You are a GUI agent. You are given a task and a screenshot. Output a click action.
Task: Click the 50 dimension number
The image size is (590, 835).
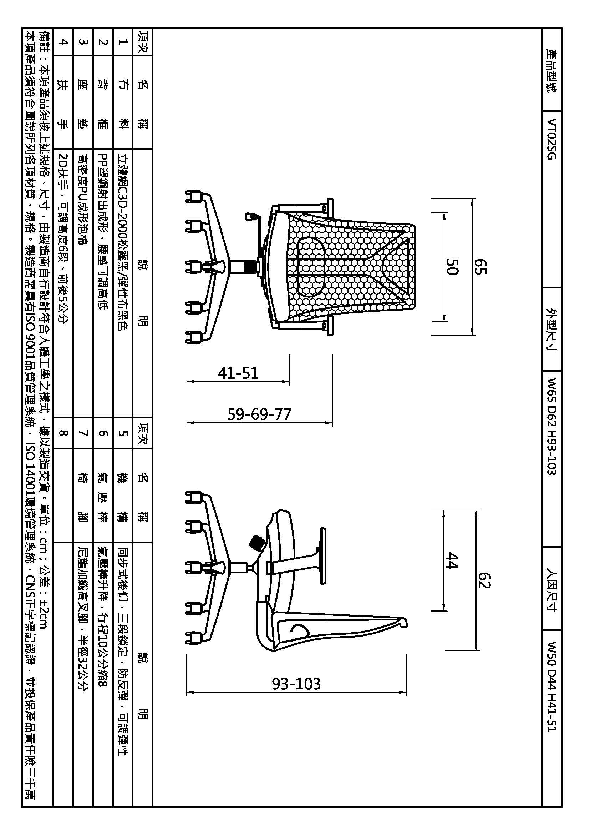click(x=453, y=267)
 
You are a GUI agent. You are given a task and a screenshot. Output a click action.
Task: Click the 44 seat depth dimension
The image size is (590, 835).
click(x=453, y=560)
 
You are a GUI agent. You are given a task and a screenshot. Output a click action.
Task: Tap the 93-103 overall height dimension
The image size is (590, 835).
click(x=296, y=684)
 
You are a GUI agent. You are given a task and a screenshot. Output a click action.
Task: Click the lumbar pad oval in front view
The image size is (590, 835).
click(x=311, y=267)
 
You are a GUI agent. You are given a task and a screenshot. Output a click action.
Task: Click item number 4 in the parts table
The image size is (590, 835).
click(x=63, y=42)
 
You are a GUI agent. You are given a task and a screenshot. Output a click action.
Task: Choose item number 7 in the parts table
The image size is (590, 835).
click(x=83, y=433)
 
